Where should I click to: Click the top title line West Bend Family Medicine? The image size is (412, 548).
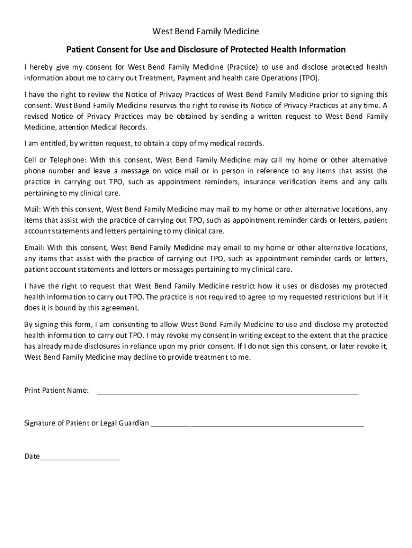pyautogui.click(x=206, y=32)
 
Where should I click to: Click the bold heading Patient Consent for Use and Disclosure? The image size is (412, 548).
pyautogui.click(x=206, y=50)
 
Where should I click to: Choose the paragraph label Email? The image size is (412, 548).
pyautogui.click(x=34, y=248)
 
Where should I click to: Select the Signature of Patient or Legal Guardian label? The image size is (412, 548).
pyautogui.click(x=87, y=423)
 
